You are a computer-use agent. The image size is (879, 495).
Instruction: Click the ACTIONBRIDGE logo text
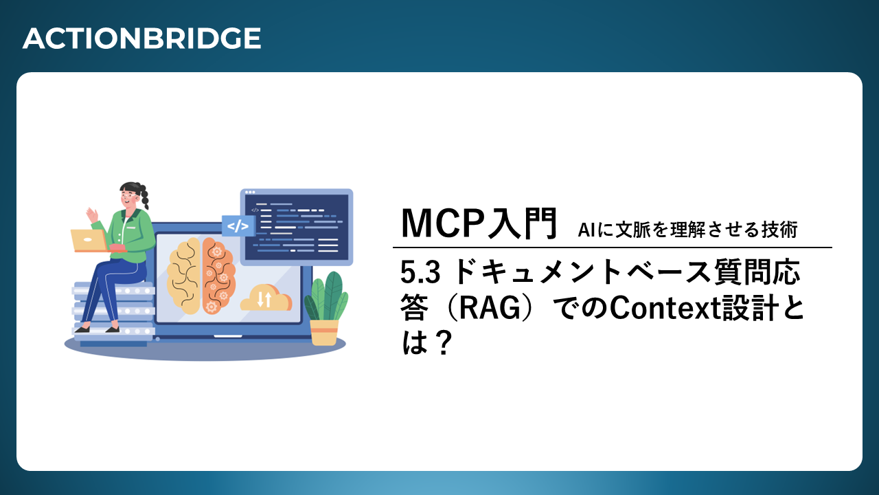141,38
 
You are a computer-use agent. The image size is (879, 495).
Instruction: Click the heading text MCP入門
479,224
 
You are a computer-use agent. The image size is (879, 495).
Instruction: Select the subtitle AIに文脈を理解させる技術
687,230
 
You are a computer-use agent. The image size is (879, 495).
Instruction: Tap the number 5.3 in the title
420,272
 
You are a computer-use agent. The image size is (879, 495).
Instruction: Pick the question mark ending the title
444,342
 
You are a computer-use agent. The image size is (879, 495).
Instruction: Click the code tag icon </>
238,226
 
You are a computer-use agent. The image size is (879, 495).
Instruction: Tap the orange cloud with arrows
266,298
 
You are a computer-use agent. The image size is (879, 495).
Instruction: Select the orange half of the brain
218,275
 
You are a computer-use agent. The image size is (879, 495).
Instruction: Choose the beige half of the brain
184,276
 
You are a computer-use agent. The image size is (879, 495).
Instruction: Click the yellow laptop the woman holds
89,241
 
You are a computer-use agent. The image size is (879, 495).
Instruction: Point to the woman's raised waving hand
93,216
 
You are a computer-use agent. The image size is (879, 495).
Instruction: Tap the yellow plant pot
324,332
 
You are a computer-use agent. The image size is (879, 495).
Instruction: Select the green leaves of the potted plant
326,296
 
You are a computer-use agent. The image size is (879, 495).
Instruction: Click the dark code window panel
297,227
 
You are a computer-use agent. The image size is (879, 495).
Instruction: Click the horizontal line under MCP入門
612,248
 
